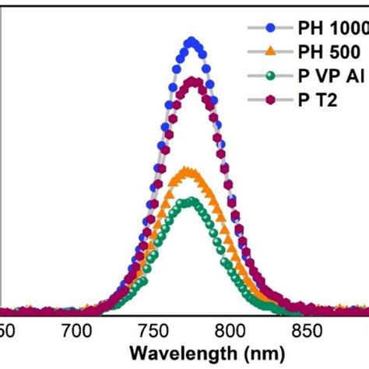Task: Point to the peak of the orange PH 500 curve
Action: tap(187, 170)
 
